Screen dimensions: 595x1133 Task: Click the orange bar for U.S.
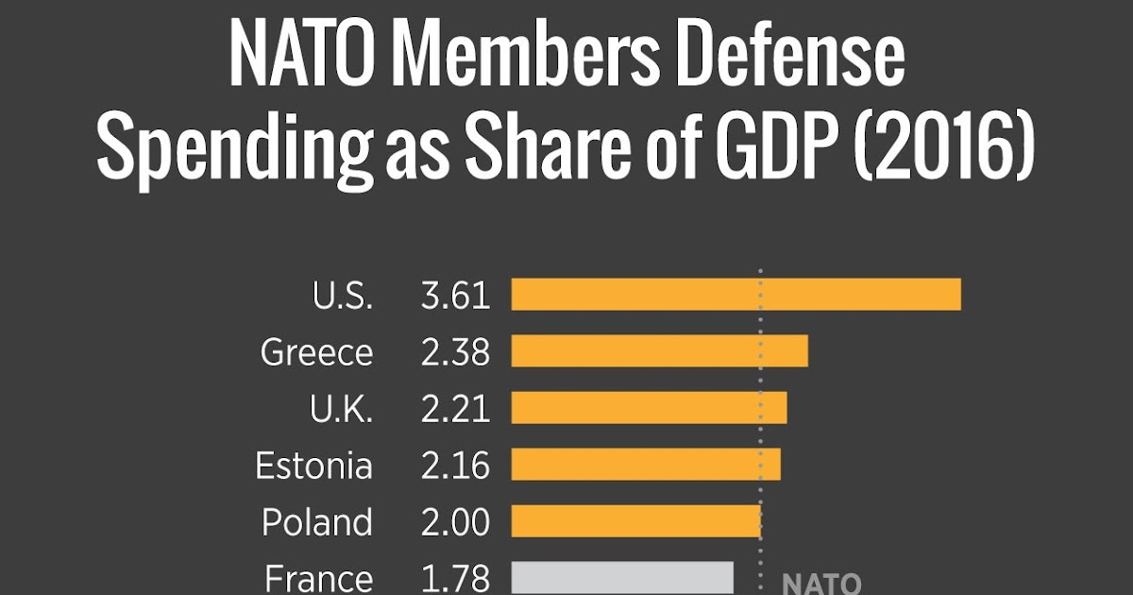[736, 295]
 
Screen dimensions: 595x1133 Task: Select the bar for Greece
[659, 351]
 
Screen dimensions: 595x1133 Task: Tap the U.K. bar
[649, 408]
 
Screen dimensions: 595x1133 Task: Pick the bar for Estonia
[646, 465]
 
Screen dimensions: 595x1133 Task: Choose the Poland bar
[635, 521]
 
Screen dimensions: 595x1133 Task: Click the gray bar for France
[622, 577]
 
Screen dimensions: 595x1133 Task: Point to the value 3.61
[455, 296]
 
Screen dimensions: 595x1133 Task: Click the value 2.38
[455, 352]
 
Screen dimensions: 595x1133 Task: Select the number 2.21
[455, 409]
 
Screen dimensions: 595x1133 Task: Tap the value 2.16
[455, 466]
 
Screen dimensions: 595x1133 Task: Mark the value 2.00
[455, 522]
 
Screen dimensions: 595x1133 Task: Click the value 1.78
[455, 578]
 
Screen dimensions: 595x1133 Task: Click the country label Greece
[316, 353]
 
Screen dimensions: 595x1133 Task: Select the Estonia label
[313, 466]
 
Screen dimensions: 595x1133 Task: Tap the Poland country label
[316, 522]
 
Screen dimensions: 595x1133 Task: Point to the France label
[318, 578]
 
